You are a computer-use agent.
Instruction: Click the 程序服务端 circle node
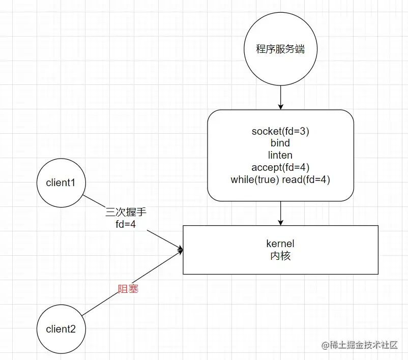[280, 50]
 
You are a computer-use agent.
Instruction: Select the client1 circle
[61, 183]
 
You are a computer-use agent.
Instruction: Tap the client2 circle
[61, 329]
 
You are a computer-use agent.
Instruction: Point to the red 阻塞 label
[128, 289]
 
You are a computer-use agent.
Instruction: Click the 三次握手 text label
[125, 213]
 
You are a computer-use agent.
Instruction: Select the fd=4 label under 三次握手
[125, 224]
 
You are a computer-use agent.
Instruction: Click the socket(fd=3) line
[280, 131]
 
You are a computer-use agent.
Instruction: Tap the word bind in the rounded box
[280, 143]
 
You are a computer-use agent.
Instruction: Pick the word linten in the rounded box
[280, 155]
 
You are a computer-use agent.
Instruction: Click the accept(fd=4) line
[280, 167]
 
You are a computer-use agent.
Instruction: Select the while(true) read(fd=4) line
[280, 179]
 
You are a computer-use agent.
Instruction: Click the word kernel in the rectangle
[280, 244]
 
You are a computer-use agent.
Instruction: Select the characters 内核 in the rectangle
[280, 256]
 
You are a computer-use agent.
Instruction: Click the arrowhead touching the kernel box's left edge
[180, 249]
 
